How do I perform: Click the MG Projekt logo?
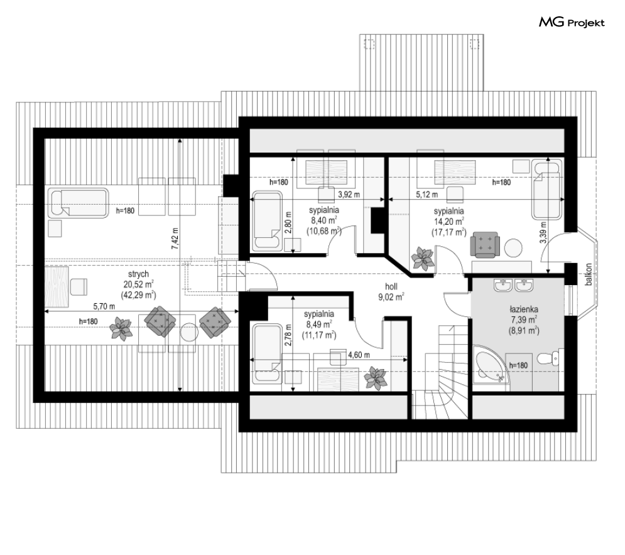pos(572,23)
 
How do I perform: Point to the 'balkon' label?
pos(589,274)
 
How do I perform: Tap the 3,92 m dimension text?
pos(349,194)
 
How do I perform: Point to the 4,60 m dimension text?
pos(359,355)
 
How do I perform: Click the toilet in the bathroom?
pos(553,358)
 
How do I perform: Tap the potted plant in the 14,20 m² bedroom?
pos(422,258)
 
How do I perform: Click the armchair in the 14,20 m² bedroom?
pos(485,244)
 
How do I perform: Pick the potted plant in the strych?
pos(121,328)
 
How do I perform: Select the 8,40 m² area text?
pos(324,220)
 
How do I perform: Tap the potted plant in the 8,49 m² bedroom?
pos(378,378)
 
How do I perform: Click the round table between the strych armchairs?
pos(189,331)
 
